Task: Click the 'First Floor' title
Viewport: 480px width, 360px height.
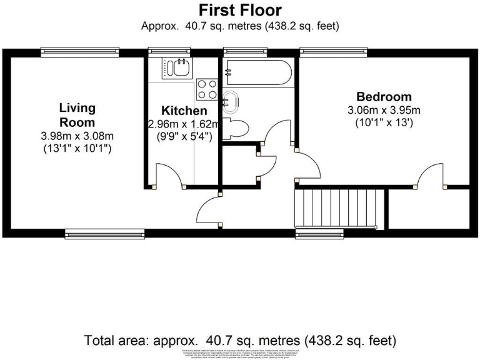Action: tap(240, 10)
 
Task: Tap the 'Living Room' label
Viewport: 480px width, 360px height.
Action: tap(77, 115)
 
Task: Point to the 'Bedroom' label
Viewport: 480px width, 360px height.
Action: tap(384, 97)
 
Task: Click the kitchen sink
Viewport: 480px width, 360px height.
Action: tap(176, 67)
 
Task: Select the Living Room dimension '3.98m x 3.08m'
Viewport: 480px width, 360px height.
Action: tap(77, 136)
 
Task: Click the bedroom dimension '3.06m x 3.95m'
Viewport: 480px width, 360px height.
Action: tap(384, 111)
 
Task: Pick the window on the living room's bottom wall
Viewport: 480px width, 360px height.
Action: tap(105, 234)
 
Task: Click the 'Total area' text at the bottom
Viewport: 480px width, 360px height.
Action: tap(240, 341)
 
